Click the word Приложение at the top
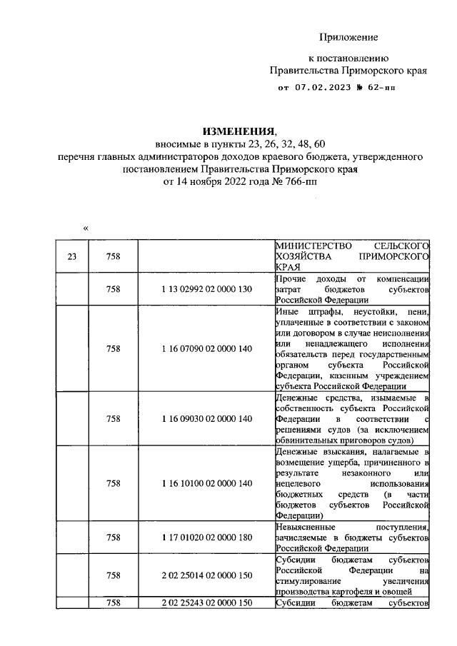point(348,36)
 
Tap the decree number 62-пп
point(378,89)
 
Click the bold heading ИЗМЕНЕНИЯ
point(238,132)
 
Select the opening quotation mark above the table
point(86,228)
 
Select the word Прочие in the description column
point(290,278)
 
